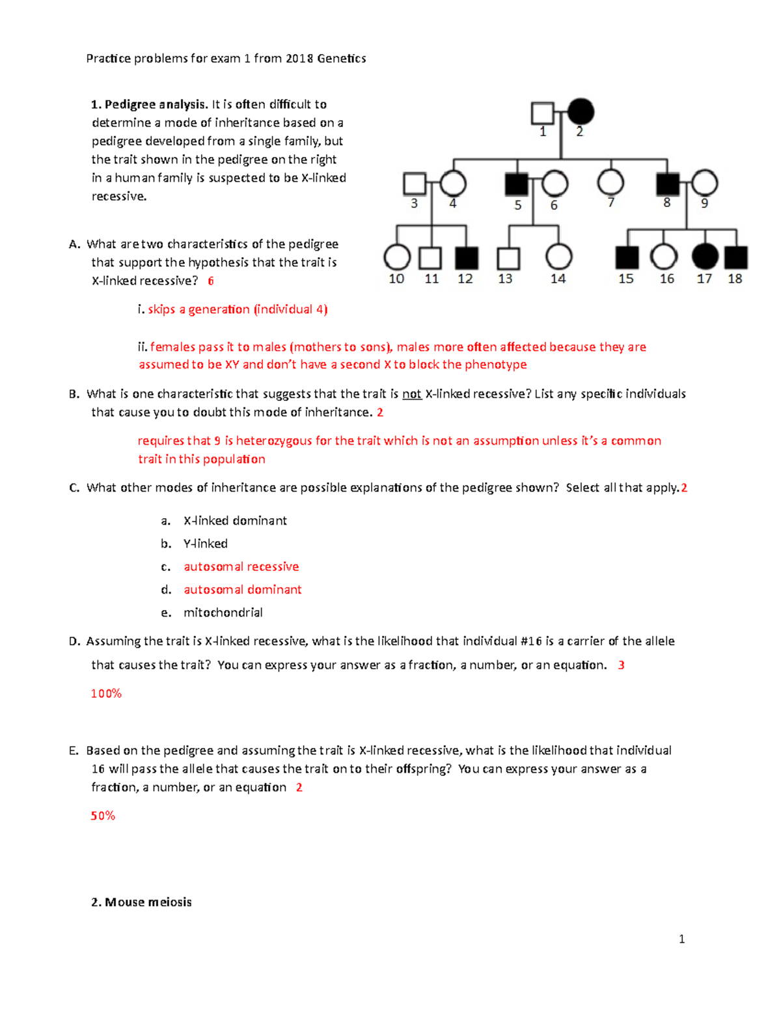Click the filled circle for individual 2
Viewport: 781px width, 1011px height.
(x=581, y=112)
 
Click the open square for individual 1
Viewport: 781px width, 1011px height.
(x=542, y=113)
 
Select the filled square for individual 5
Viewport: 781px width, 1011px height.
(x=517, y=184)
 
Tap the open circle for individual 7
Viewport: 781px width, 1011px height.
(x=610, y=183)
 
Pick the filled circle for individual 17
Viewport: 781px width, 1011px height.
(x=705, y=257)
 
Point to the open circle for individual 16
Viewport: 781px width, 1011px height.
(x=664, y=257)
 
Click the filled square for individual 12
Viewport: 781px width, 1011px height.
(x=467, y=258)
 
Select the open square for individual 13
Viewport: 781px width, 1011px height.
(x=508, y=258)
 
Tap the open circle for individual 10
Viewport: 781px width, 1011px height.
(x=397, y=258)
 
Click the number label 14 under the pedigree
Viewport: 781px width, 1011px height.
(x=558, y=279)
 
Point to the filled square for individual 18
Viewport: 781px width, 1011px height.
(x=736, y=258)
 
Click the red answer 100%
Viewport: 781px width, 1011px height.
(x=106, y=694)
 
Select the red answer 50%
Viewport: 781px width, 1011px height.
(x=103, y=816)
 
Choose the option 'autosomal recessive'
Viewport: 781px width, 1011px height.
(x=241, y=567)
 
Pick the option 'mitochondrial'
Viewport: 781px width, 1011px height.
(x=223, y=613)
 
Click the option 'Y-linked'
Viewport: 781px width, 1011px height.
(x=205, y=544)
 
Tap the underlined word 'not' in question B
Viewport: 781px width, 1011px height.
(x=411, y=395)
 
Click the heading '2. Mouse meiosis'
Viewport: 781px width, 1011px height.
(x=141, y=902)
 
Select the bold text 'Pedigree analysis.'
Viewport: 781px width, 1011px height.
(x=156, y=105)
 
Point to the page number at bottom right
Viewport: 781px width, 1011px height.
(x=681, y=939)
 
